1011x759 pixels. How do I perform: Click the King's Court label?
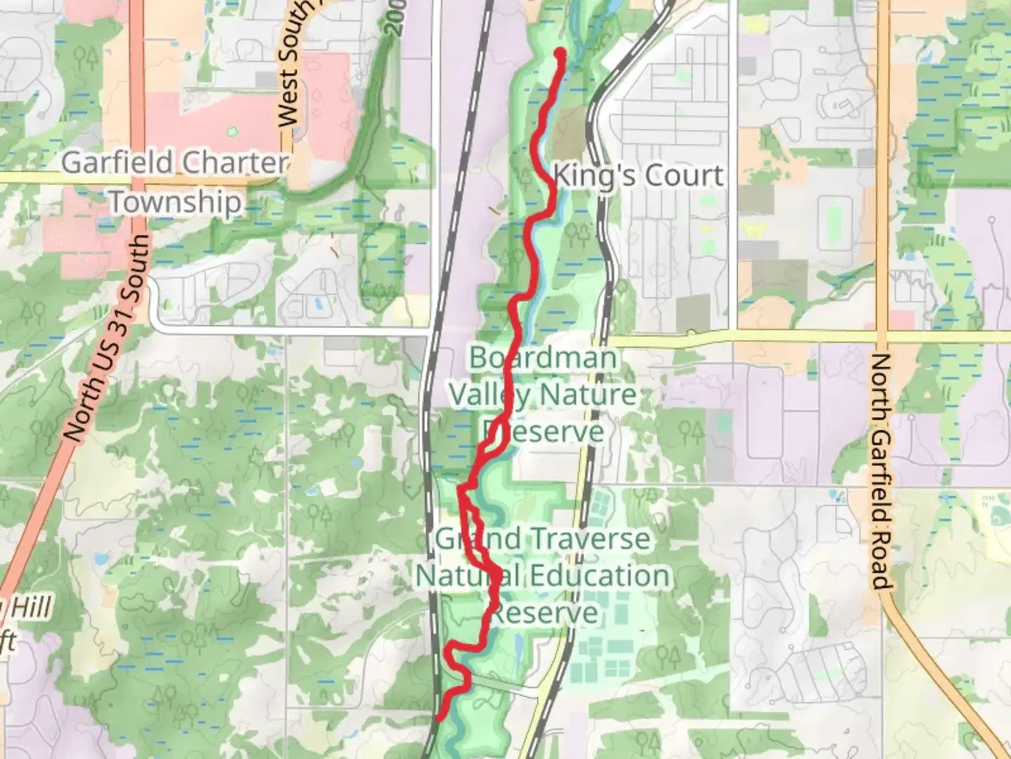tap(638, 176)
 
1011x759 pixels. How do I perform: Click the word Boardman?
tap(542, 358)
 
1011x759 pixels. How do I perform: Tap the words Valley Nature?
tap(542, 394)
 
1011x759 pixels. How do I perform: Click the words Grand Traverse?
tap(542, 540)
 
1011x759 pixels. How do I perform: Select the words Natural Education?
tap(542, 576)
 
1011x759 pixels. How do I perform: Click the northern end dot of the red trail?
tap(560, 53)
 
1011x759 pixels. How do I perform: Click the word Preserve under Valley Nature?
tap(542, 431)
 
